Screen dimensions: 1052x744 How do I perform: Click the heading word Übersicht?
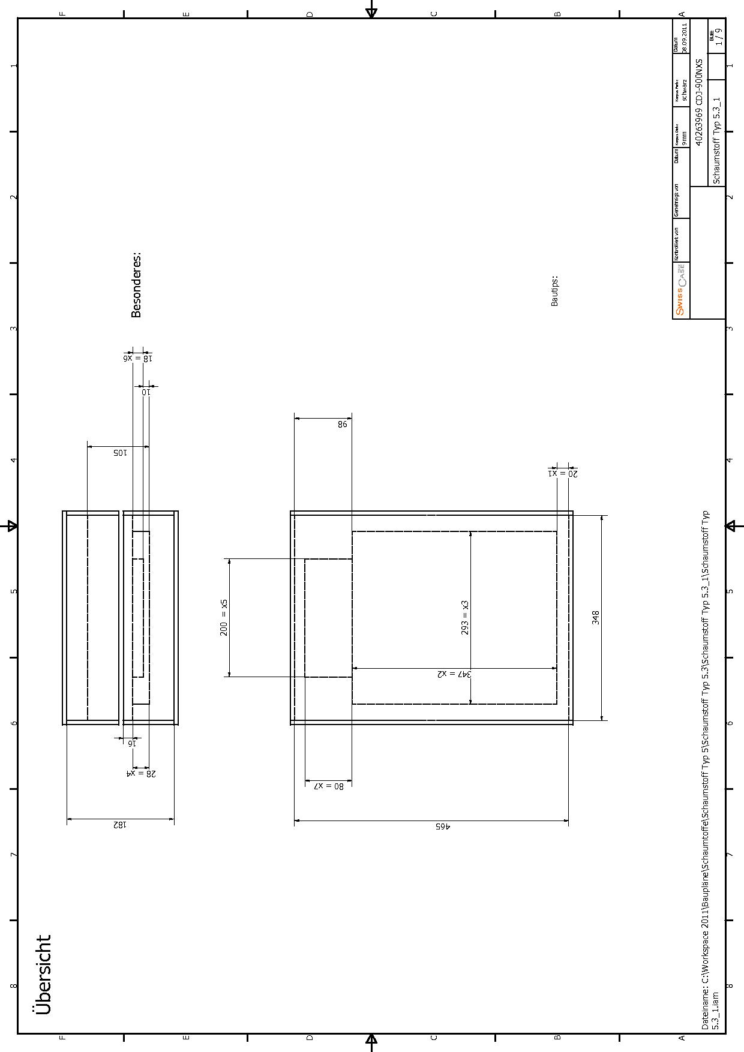pyautogui.click(x=43, y=975)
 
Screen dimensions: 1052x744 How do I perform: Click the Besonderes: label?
pyautogui.click(x=136, y=285)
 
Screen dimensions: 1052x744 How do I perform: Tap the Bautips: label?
pyautogui.click(x=554, y=291)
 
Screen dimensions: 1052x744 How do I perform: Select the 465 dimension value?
pyautogui.click(x=442, y=826)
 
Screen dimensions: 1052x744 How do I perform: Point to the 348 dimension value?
pyautogui.click(x=596, y=618)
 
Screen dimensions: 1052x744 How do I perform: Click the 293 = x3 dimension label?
pyautogui.click(x=465, y=618)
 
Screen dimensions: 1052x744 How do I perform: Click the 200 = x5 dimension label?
pyautogui.click(x=224, y=617)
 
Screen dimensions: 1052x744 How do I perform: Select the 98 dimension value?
pyautogui.click(x=342, y=424)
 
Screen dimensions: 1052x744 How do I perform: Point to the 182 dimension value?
pyautogui.click(x=120, y=825)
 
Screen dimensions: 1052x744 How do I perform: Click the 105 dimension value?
pyautogui.click(x=120, y=453)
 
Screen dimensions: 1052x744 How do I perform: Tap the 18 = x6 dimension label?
pyautogui.click(x=138, y=358)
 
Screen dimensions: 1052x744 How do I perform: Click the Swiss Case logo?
pyautogui.click(x=680, y=291)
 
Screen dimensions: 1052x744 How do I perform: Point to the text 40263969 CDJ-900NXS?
pyautogui.click(x=698, y=103)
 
